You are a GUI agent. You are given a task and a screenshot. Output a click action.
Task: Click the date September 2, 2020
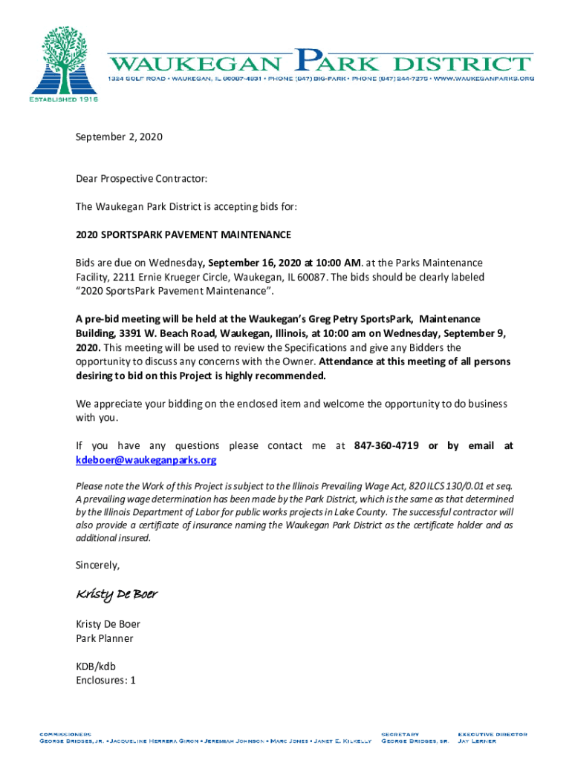click(119, 137)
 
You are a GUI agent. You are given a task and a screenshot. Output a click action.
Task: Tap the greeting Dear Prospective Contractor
click(141, 179)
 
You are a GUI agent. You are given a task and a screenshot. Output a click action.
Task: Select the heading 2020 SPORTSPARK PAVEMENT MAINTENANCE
click(183, 235)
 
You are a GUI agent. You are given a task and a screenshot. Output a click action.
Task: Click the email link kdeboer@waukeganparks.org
click(146, 460)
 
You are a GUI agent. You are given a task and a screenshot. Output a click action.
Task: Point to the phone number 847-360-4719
click(386, 446)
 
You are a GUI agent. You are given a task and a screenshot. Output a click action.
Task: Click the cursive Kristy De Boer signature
click(117, 595)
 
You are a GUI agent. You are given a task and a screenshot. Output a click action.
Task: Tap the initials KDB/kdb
click(96, 666)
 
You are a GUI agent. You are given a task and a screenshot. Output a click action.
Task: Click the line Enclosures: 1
click(105, 680)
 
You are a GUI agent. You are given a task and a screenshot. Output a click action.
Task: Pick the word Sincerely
click(97, 566)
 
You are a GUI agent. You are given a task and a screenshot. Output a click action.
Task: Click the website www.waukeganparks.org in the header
click(484, 79)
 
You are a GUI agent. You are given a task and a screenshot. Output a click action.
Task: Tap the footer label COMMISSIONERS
click(65, 733)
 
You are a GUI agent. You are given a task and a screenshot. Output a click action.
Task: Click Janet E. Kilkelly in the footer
click(343, 741)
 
